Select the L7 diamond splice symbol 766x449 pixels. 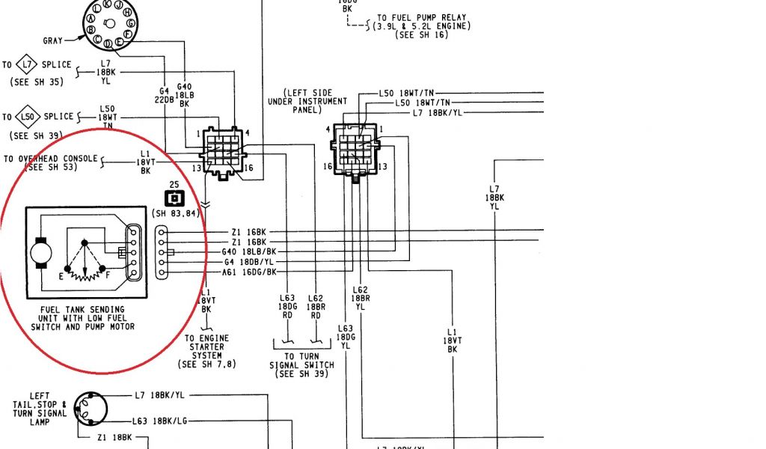pos(26,64)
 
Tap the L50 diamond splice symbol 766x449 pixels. pos(27,117)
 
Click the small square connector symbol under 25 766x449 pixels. pos(174,199)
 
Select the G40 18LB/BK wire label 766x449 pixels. pos(250,252)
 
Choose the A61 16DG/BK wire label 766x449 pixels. pos(250,273)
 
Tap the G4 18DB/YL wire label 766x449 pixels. pos(250,263)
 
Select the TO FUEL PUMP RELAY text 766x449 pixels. pos(423,17)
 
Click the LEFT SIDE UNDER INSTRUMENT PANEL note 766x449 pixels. pos(307,101)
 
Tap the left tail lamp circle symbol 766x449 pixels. pos(93,409)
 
